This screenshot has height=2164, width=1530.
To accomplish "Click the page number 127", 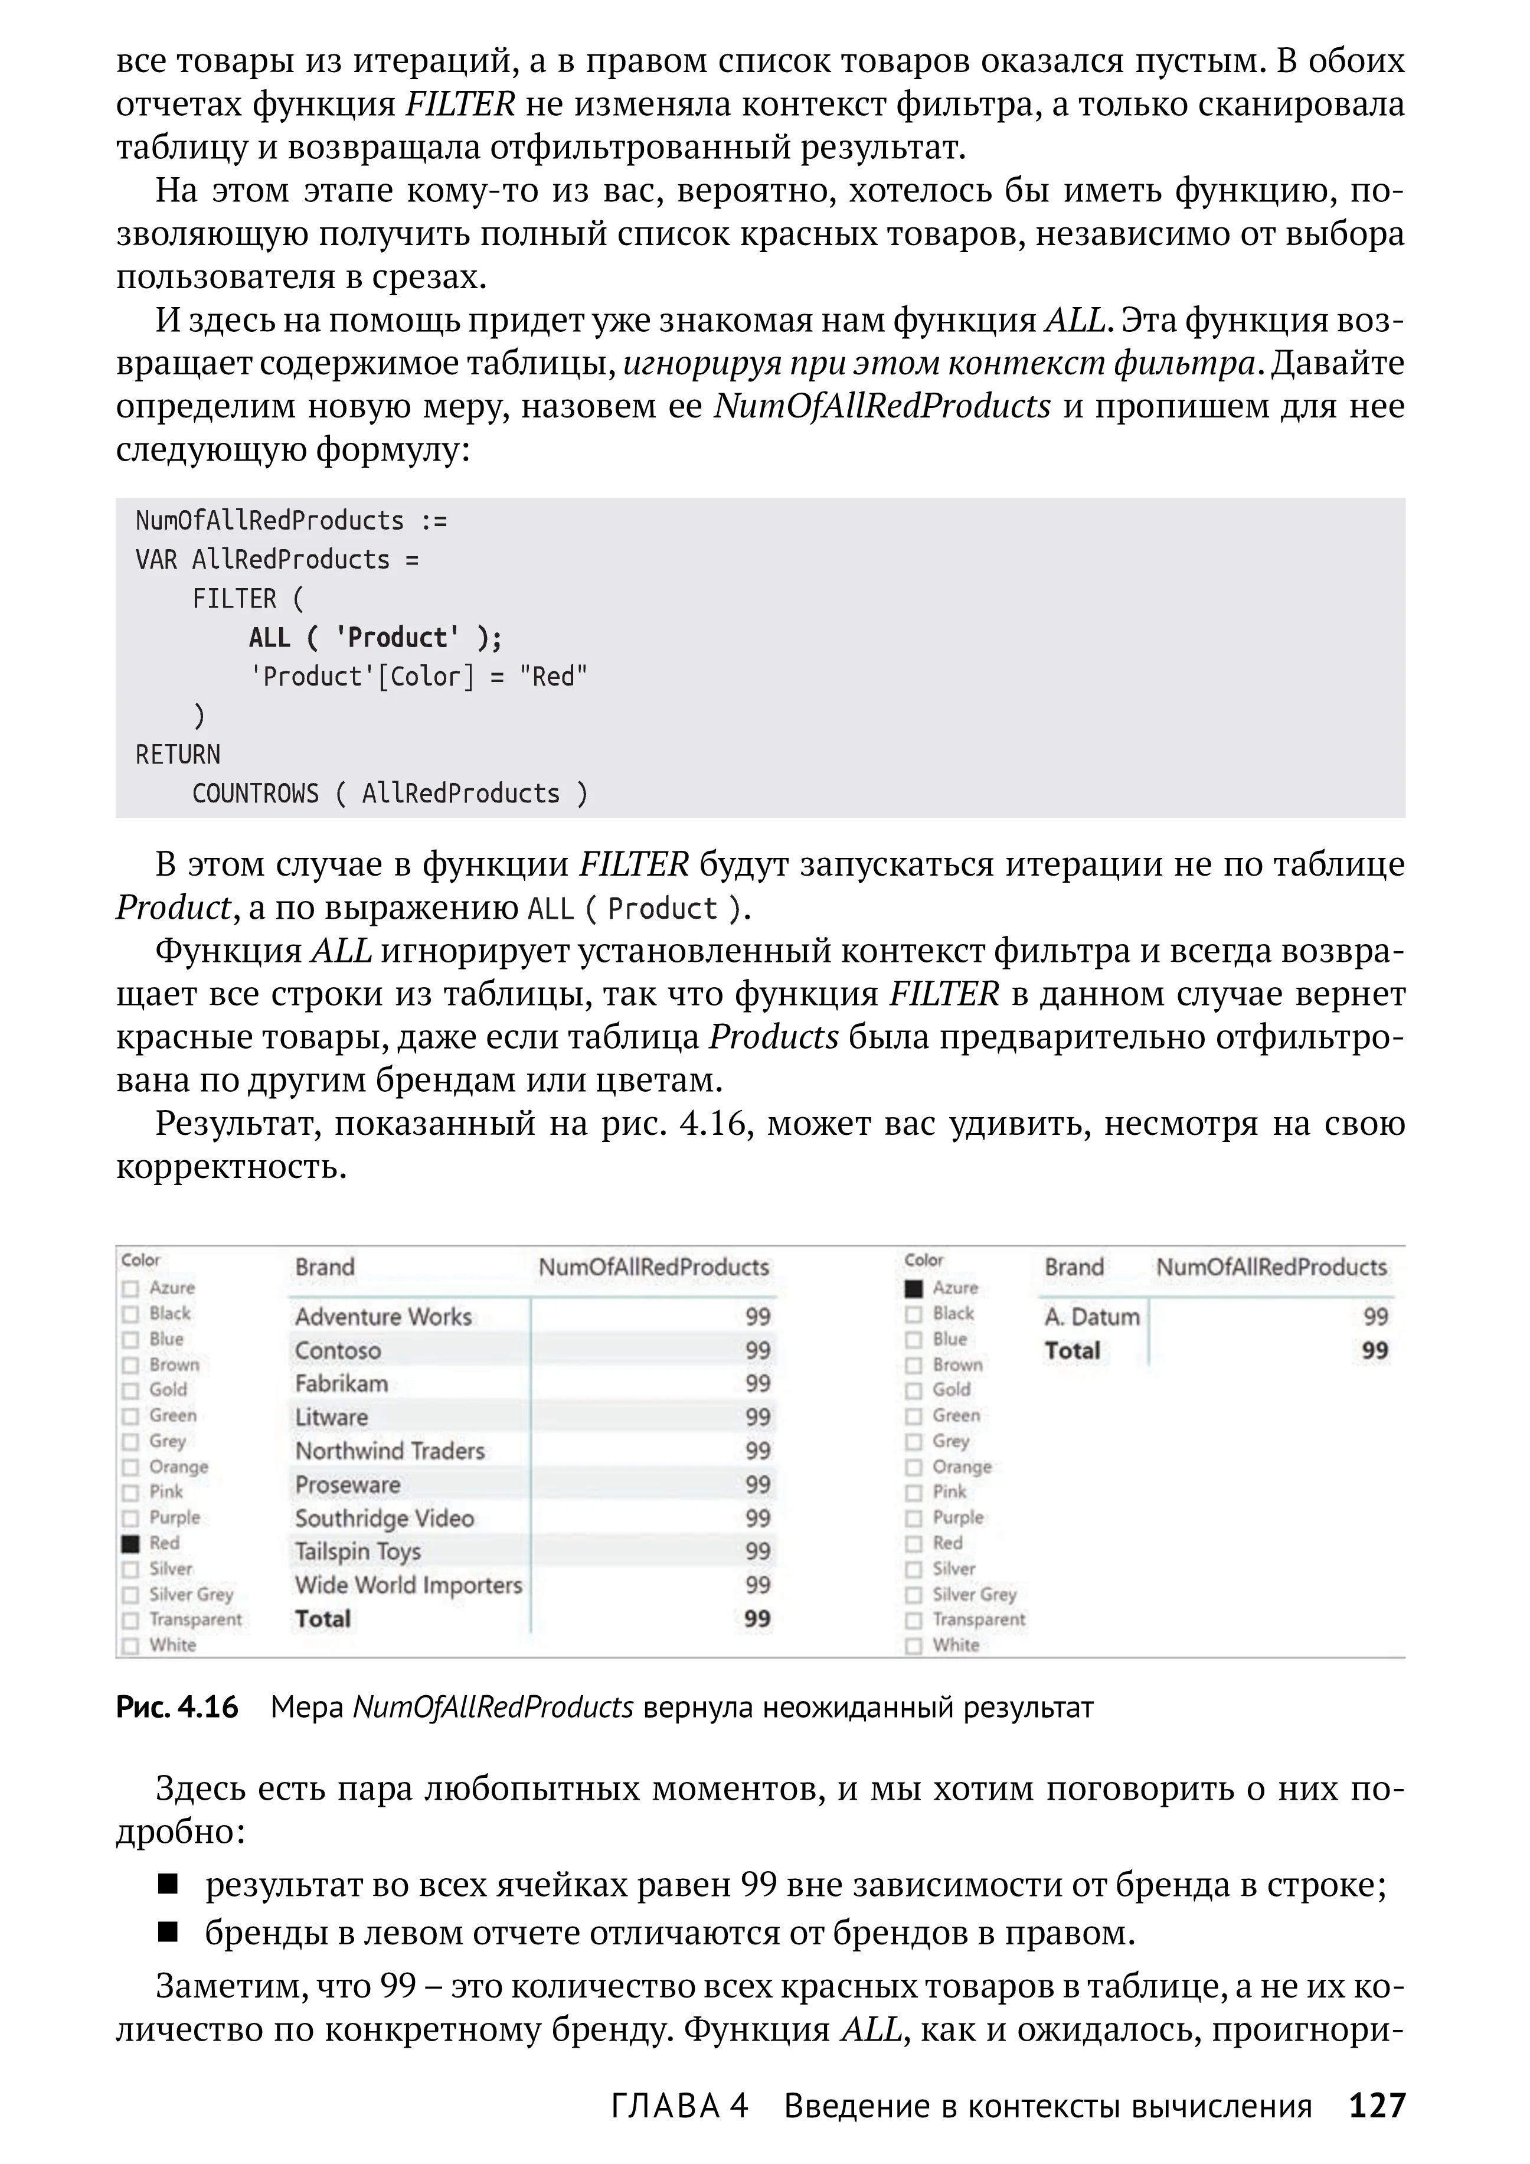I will [1377, 2104].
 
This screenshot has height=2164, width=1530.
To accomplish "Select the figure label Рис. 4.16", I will [177, 1707].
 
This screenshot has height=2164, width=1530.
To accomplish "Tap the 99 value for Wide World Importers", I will [757, 1585].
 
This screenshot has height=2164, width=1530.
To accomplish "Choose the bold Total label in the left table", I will [322, 1619].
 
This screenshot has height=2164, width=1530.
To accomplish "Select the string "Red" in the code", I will [553, 677].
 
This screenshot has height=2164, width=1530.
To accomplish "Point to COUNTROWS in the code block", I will [256, 794].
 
